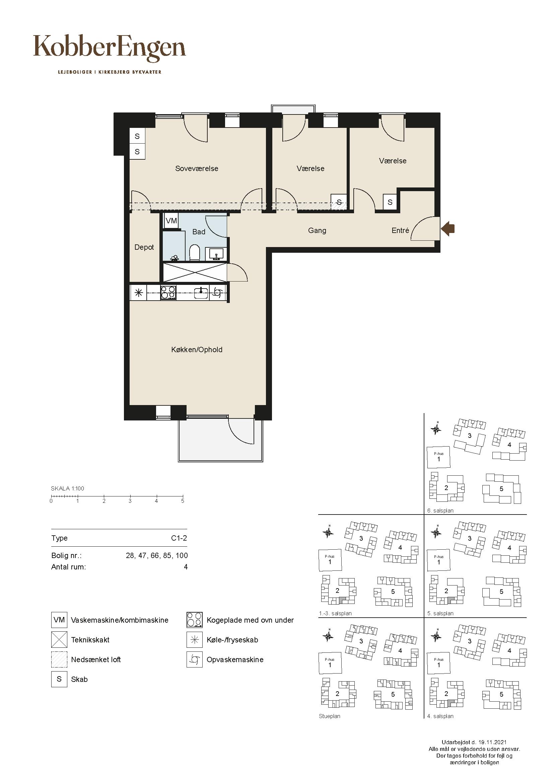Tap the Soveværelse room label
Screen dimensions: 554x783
click(x=197, y=168)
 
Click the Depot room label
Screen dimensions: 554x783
click(x=144, y=247)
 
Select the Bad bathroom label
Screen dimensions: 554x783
click(x=199, y=232)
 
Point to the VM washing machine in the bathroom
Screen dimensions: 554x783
click(x=171, y=221)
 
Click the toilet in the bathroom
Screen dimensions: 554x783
click(x=195, y=252)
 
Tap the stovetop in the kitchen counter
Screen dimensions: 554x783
click(x=168, y=293)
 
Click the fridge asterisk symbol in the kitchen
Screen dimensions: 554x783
click(x=139, y=293)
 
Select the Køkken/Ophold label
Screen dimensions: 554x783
click(x=197, y=349)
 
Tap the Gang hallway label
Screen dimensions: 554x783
click(x=317, y=231)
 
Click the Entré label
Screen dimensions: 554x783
click(x=400, y=231)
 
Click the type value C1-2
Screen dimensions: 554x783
click(x=179, y=538)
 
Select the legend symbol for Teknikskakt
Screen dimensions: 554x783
click(x=59, y=640)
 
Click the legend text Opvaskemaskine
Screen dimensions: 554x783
click(x=235, y=659)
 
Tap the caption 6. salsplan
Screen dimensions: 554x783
click(x=440, y=511)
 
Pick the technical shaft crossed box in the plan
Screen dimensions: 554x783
click(x=195, y=272)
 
